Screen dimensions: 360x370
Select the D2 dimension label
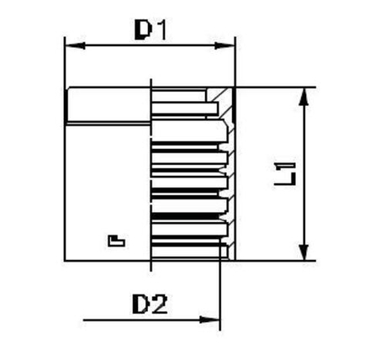(x=151, y=303)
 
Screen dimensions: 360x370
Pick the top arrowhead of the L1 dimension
(x=304, y=93)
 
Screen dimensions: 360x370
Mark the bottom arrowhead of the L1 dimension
(x=304, y=256)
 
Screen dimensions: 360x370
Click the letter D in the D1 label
(x=145, y=30)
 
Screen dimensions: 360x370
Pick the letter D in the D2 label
(x=142, y=303)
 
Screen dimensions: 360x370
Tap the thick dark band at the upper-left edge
(x=67, y=107)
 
